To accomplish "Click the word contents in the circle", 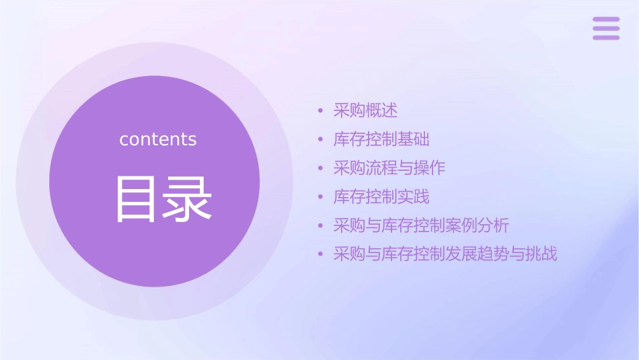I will [x=158, y=139].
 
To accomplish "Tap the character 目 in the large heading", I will [x=137, y=199].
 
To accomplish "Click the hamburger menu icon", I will [x=605, y=29].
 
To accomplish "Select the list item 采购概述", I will [x=365, y=110].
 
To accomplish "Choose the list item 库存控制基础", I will [x=381, y=139].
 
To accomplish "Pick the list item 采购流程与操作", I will [x=389, y=168].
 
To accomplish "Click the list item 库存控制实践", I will [x=381, y=197].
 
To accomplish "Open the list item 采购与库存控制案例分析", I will [x=421, y=226].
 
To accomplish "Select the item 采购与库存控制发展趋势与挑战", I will [x=445, y=254].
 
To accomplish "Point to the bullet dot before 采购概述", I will [x=321, y=111].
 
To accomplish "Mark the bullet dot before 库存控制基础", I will [x=321, y=140].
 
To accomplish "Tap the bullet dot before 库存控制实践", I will [x=321, y=198].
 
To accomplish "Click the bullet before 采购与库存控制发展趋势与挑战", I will [x=321, y=255].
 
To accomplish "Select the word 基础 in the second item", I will [x=414, y=139].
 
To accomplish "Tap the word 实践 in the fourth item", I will [x=414, y=197].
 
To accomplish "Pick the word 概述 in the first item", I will [x=381, y=110].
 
